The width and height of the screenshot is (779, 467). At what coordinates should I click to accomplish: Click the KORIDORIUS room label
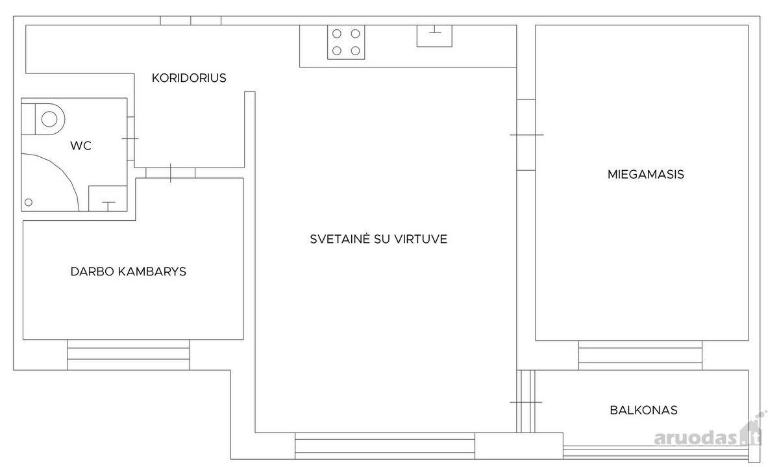pyautogui.click(x=189, y=78)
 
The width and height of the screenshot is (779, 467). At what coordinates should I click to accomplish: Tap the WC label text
pyautogui.click(x=80, y=145)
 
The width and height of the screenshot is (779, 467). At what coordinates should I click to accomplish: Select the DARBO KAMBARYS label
pyautogui.click(x=129, y=271)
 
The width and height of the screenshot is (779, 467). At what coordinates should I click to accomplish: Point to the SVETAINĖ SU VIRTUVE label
pyautogui.click(x=378, y=239)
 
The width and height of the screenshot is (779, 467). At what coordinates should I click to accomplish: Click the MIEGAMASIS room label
pyautogui.click(x=646, y=174)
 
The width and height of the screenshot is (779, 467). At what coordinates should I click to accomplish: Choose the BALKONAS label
pyautogui.click(x=644, y=410)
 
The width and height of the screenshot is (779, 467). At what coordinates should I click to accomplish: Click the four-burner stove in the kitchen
pyautogui.click(x=346, y=42)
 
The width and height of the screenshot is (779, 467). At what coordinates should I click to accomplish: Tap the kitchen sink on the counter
pyautogui.click(x=435, y=36)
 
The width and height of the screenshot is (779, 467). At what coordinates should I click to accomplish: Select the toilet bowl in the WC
pyautogui.click(x=43, y=119)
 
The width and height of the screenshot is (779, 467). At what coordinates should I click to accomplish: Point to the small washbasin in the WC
pyautogui.click(x=108, y=198)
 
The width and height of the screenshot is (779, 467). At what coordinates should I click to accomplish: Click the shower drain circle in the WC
pyautogui.click(x=29, y=202)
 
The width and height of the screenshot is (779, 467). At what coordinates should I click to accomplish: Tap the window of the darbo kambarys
pyautogui.click(x=129, y=355)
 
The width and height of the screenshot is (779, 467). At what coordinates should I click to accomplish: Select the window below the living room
pyautogui.click(x=385, y=446)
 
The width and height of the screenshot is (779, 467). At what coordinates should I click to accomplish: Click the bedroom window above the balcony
pyautogui.click(x=640, y=355)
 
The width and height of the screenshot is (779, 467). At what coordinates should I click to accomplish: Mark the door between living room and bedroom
pyautogui.click(x=526, y=135)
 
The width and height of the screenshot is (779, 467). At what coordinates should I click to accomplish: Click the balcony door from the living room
pyautogui.click(x=526, y=401)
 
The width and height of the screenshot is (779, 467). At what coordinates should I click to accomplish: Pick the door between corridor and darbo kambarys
pyautogui.click(x=170, y=173)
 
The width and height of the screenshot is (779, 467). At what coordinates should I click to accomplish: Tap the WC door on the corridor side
pyautogui.click(x=130, y=138)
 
